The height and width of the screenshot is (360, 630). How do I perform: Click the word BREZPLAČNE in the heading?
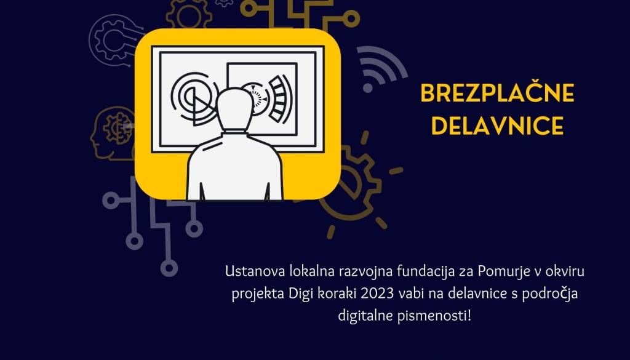pyautogui.click(x=497, y=93)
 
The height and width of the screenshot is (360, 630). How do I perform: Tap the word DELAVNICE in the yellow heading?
pyautogui.click(x=497, y=125)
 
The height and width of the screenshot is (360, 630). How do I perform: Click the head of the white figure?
pyautogui.click(x=234, y=108)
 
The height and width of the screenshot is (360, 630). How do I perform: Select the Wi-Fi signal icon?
pyautogui.click(x=380, y=68)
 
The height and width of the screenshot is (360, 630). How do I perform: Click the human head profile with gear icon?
pyautogui.click(x=113, y=132)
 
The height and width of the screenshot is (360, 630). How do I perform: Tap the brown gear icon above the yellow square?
pyautogui.click(x=189, y=15)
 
